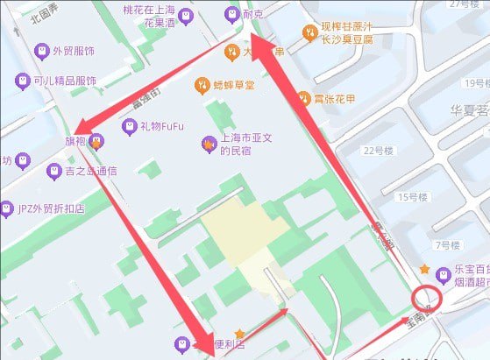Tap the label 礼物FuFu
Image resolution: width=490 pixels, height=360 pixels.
(x=162, y=126)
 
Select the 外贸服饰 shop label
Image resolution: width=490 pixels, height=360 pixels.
(x=75, y=51)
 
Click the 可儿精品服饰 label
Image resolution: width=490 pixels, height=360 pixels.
(x=64, y=81)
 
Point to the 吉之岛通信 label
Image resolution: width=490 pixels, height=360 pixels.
(x=90, y=170)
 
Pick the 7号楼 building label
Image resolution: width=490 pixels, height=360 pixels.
(x=448, y=244)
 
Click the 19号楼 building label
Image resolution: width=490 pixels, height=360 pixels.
(x=475, y=83)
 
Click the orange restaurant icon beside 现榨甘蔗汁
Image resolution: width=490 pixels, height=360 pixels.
(x=309, y=32)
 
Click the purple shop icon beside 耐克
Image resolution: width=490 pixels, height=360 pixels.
(x=231, y=14)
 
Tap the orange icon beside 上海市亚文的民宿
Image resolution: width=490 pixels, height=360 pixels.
(x=209, y=143)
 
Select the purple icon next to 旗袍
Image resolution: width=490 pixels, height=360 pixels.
(x=96, y=140)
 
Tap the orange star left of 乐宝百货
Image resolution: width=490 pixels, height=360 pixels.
(x=424, y=268)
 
